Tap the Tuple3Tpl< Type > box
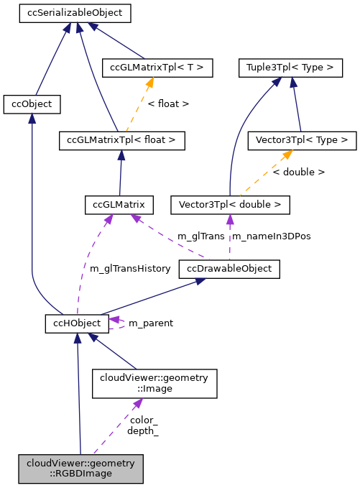pyautogui.click(x=290, y=68)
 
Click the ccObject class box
pyautogui.click(x=32, y=104)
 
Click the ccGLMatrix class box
pyautogui.click(x=119, y=205)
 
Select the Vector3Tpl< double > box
pyautogui.click(x=230, y=205)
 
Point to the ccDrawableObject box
pyautogui.click(x=230, y=270)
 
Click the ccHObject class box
pyautogui.click(x=77, y=323)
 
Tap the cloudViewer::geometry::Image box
pyautogui.click(x=154, y=383)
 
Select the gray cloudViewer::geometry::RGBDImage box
pyautogui.click(x=81, y=469)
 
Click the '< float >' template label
pyautogui.click(x=168, y=104)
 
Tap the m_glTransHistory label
pyautogui.click(x=130, y=269)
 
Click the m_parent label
pyautogui.click(x=150, y=323)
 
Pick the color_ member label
pyautogui.click(x=144, y=420)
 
